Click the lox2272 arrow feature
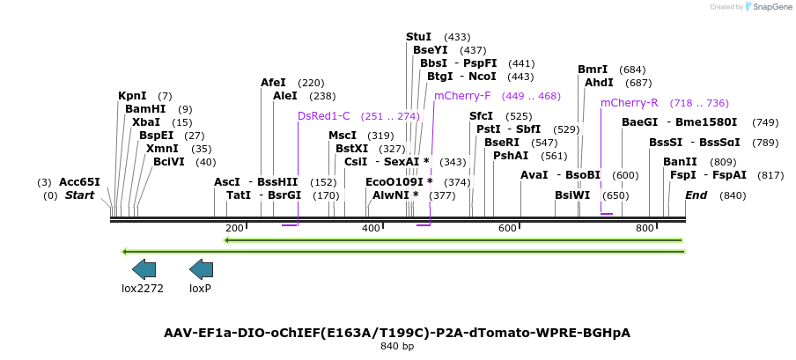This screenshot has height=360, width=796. (144, 269)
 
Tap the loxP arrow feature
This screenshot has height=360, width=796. (201, 269)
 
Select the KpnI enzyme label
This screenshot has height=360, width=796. (132, 96)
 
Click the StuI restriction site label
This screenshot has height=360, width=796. (418, 37)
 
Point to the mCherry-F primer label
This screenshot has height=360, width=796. (462, 96)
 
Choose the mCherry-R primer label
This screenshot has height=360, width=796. (629, 103)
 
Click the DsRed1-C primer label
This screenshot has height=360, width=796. (323, 116)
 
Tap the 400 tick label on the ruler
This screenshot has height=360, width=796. (371, 229)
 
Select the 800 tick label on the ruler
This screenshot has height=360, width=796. (645, 229)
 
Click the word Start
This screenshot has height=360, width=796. (79, 195)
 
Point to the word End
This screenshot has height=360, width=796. (696, 195)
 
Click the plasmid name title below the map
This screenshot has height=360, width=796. (397, 333)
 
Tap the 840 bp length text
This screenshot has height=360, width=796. (397, 346)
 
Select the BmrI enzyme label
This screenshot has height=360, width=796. (593, 70)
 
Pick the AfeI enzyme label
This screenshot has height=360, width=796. (273, 83)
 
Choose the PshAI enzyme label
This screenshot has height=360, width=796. (511, 156)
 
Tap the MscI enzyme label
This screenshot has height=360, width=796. (343, 136)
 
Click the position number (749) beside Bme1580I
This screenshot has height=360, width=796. (765, 122)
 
